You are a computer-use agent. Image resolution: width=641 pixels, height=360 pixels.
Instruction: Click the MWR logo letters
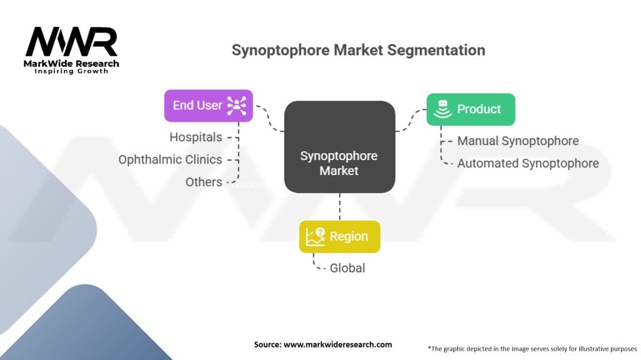[71, 42]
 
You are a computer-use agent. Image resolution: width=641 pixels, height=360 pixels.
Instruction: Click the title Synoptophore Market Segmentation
[358, 50]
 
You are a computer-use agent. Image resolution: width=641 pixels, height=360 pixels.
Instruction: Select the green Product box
[471, 109]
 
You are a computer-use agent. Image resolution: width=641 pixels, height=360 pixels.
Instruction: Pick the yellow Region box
[339, 236]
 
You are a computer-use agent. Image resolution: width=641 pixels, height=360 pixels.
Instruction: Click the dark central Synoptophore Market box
[339, 147]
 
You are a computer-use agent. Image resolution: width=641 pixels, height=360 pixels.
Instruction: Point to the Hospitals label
[196, 136]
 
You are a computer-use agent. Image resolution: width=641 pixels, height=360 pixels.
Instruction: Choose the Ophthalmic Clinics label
[170, 159]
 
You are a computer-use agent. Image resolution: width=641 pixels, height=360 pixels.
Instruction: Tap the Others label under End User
[203, 182]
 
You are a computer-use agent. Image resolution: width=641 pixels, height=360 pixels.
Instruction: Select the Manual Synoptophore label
[518, 141]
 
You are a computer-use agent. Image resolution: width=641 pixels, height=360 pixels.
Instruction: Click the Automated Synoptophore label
[528, 163]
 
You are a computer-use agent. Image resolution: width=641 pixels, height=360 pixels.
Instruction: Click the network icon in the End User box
[236, 106]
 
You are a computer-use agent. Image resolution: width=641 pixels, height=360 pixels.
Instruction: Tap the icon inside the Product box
[442, 109]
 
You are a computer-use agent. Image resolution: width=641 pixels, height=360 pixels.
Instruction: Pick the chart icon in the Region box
[315, 236]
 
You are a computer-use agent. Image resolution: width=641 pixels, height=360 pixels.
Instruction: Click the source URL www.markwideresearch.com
[337, 344]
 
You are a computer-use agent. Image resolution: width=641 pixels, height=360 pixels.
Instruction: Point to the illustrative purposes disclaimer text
[532, 348]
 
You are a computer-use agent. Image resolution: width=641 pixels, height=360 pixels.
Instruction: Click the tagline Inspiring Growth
[71, 71]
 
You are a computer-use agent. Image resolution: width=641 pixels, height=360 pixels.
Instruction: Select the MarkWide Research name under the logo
[71, 63]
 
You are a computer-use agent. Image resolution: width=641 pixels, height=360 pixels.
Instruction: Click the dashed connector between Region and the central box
[339, 206]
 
